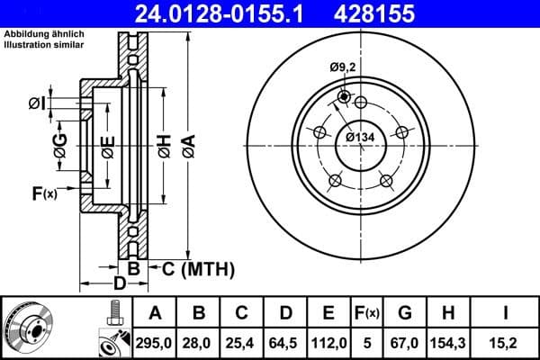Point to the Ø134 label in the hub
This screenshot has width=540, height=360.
(360, 137)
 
